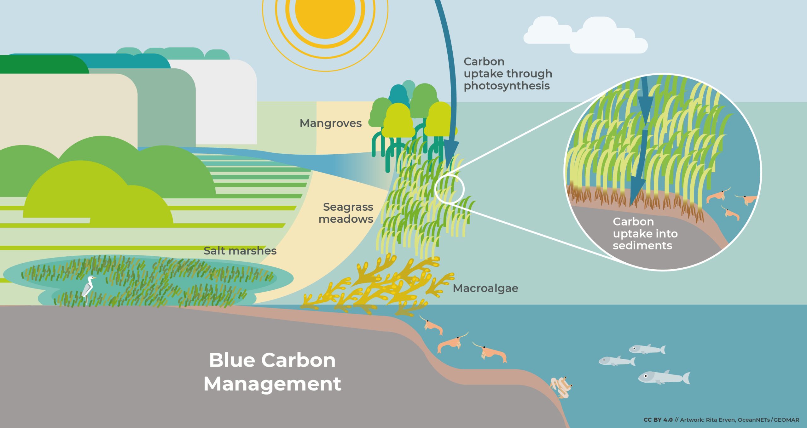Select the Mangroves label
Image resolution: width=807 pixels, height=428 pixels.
330,123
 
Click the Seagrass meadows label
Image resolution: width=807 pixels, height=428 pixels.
346,213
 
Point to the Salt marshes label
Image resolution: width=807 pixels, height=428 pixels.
240,251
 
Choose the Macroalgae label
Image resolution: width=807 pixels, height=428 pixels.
485,288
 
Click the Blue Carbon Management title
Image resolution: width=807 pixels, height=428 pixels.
272,372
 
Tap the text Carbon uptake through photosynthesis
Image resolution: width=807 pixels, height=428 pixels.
508,73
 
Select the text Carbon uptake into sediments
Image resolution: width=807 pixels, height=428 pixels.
645,233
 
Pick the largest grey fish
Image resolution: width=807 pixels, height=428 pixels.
664,377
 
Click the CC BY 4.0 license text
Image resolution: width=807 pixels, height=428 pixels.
658,420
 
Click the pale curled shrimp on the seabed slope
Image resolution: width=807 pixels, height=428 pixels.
561,387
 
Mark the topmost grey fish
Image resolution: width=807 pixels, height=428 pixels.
647,349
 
